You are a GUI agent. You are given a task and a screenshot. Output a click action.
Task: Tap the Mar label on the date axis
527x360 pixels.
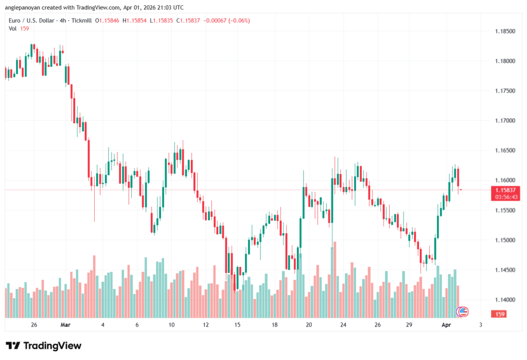tap(65, 325)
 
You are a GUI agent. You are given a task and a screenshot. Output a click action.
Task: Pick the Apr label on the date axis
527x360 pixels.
tap(447, 325)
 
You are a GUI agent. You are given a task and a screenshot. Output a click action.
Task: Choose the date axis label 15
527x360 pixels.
tap(237, 325)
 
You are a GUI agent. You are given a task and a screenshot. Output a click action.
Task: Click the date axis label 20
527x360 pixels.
tap(309, 325)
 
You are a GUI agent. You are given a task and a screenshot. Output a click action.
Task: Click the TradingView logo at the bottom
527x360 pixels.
tap(43, 346)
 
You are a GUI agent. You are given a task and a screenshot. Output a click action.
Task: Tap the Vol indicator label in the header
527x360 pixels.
tap(13, 28)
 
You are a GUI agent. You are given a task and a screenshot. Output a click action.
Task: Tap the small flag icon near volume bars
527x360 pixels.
tap(463, 311)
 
